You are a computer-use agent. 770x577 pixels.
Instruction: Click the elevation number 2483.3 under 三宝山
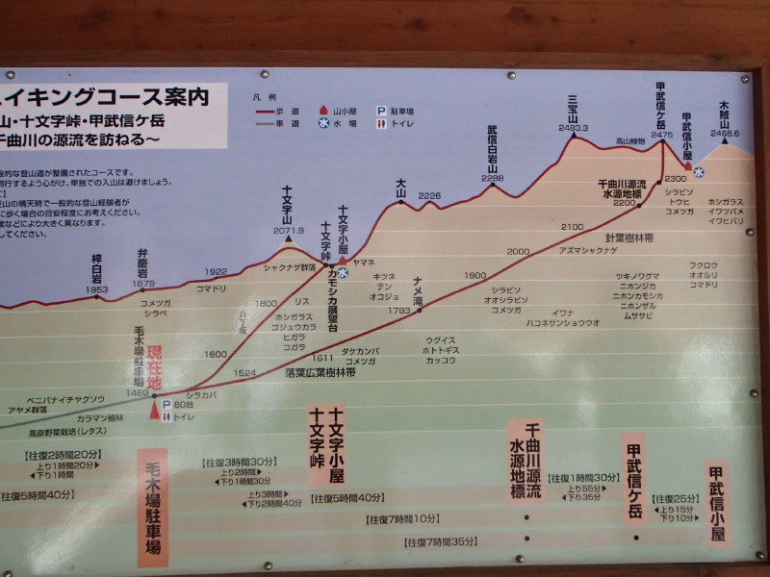pos(572,127)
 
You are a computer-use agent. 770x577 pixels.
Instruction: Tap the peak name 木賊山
pos(725,116)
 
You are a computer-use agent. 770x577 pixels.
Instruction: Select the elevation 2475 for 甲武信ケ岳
pos(661,136)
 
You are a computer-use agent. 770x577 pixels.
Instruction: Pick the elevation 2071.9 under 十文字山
pos(288,231)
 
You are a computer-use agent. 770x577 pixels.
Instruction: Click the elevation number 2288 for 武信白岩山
pos(493,178)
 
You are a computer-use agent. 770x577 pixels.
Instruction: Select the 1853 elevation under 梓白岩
pos(97,289)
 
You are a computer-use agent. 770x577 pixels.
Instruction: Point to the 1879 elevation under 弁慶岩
pos(143,284)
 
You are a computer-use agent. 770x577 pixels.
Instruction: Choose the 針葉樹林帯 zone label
pos(629,237)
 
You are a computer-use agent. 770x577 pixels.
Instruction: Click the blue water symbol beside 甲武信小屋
pos(700,172)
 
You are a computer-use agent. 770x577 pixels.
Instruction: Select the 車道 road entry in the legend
pos(281,123)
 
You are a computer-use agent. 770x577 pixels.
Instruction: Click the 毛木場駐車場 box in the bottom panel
pos(153,507)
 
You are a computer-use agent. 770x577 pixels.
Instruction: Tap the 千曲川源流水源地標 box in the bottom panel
pos(527,461)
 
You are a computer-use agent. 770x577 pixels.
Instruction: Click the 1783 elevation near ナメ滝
pos(398,311)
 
